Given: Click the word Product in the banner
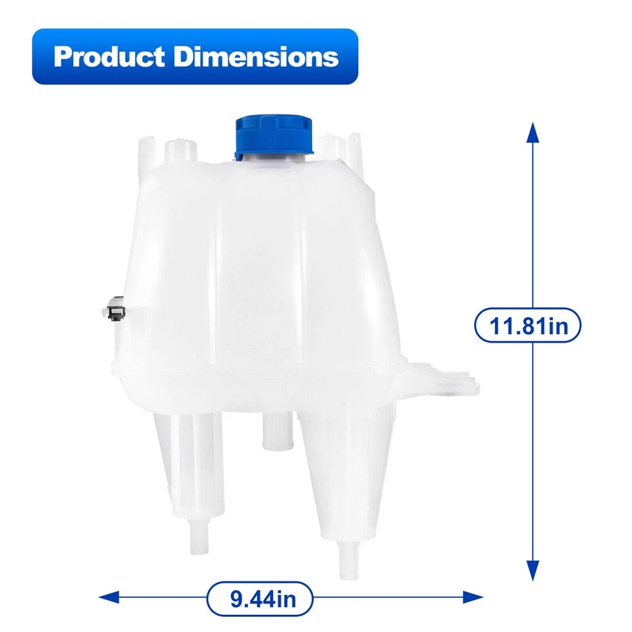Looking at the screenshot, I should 109,57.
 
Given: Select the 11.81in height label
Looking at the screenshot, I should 528,325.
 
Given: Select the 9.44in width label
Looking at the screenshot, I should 259,599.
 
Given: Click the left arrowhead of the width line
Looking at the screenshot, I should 109,598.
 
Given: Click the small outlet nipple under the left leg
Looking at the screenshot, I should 197,537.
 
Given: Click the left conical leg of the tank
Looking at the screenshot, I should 189,461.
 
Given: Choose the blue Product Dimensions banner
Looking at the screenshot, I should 196,57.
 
